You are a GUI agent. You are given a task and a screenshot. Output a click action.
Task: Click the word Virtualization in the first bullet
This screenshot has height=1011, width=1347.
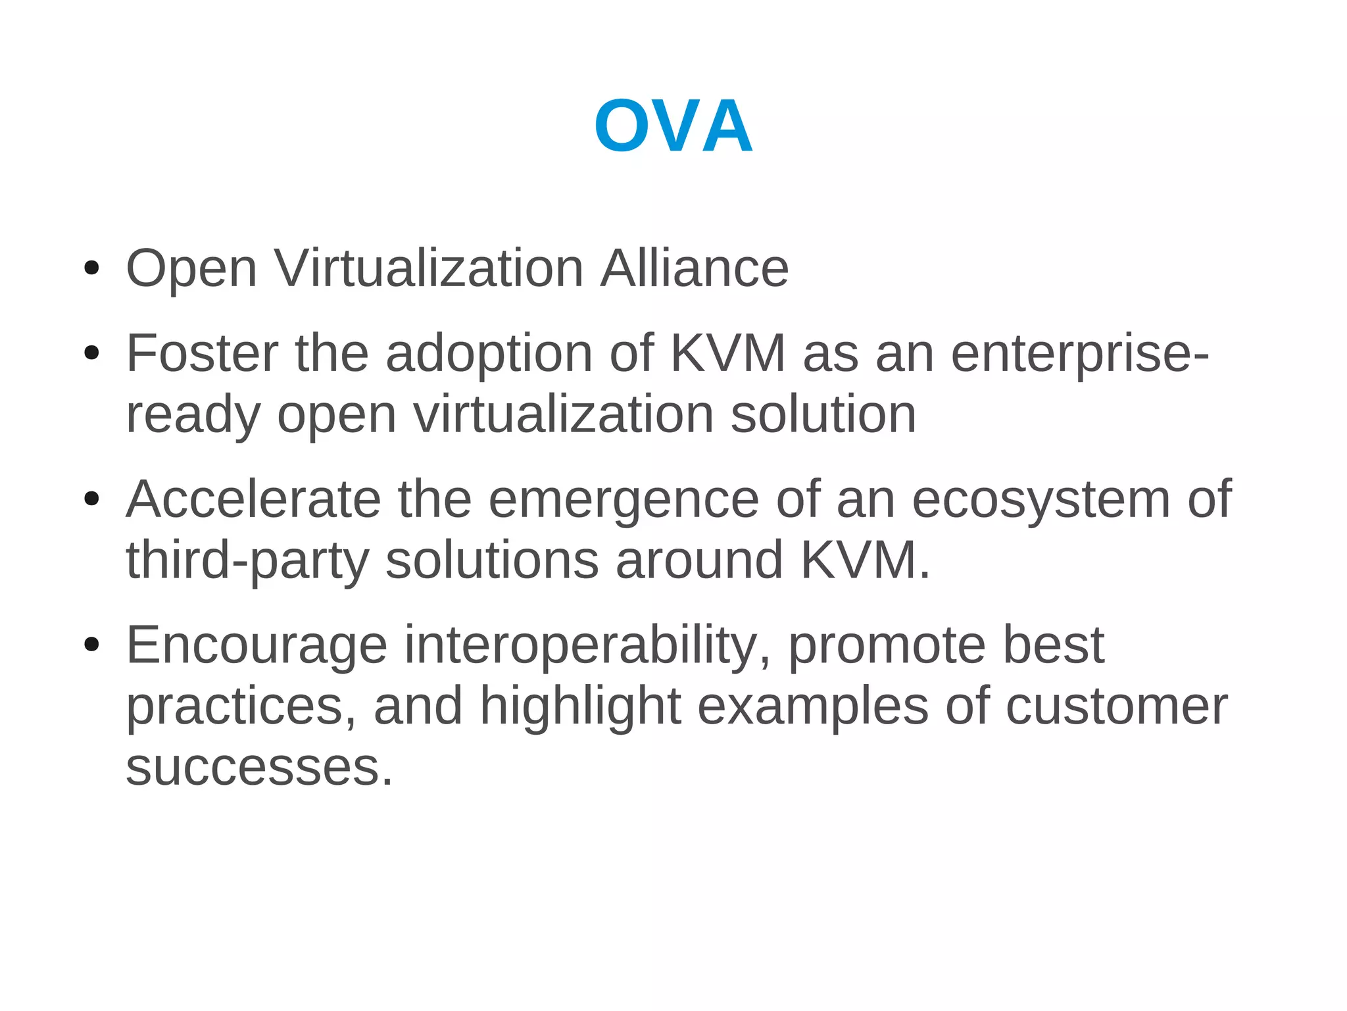429,268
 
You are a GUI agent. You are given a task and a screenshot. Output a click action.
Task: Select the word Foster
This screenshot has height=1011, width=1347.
202,353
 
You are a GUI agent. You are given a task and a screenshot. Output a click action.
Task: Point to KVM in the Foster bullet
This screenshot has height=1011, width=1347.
727,353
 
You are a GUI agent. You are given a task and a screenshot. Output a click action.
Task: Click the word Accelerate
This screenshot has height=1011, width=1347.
253,499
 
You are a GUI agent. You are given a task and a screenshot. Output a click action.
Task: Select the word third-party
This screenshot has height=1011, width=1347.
247,561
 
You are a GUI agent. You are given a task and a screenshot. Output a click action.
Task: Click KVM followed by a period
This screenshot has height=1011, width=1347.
864,560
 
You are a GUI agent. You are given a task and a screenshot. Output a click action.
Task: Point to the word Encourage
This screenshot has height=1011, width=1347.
257,646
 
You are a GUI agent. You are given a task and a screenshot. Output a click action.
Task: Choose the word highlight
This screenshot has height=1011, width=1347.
580,707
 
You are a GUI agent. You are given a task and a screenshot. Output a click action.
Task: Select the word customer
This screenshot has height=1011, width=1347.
1116,706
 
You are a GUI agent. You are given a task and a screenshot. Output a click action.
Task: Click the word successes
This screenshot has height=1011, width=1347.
259,768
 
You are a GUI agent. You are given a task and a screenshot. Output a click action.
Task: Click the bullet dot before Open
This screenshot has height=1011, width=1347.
91,268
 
